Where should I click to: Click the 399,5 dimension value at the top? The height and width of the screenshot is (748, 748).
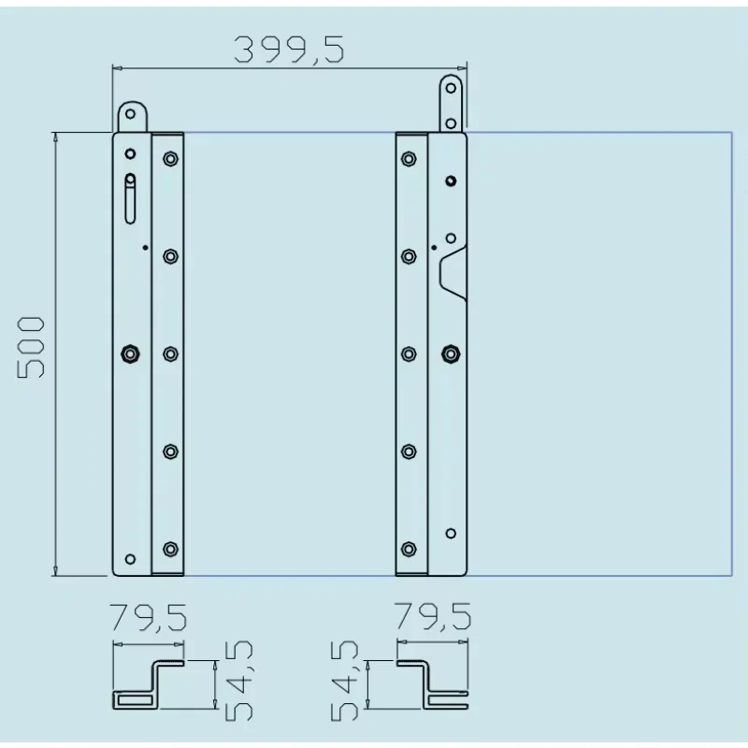tap(288, 48)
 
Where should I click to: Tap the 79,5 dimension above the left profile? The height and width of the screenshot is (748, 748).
tap(149, 618)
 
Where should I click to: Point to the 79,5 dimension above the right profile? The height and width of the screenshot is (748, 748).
tap(433, 618)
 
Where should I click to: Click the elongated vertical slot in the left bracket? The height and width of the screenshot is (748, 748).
tap(131, 197)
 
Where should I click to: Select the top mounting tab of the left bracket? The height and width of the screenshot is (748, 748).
tap(131, 118)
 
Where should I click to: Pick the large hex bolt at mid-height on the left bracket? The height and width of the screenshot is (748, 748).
tap(131, 352)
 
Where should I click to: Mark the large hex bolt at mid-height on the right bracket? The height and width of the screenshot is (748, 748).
tap(450, 352)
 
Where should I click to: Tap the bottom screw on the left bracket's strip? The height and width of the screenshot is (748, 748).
tap(169, 548)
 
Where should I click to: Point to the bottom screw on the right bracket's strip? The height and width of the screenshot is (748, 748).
tap(409, 548)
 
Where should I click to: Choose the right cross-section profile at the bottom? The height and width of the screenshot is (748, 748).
tap(433, 684)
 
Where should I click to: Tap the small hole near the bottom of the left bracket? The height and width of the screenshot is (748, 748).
tap(131, 558)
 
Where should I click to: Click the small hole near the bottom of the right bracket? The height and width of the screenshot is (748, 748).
tap(450, 533)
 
